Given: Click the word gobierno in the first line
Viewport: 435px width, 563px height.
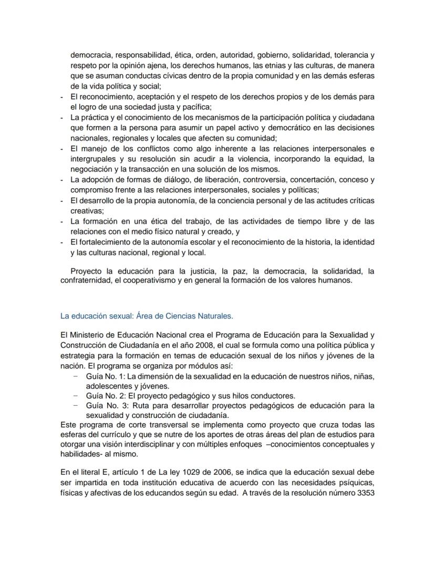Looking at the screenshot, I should click(275, 55).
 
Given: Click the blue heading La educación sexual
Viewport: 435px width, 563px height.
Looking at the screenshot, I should click(147, 316).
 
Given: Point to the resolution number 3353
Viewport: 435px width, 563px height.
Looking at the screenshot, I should click(364, 493).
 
